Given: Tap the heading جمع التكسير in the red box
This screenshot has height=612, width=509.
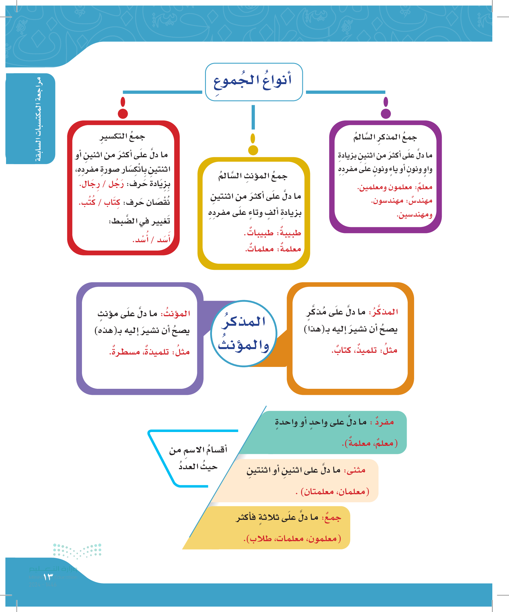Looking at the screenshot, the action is (122, 137).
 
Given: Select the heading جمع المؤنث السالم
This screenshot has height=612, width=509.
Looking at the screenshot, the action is (253, 176).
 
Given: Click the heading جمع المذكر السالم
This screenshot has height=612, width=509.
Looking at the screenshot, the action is (385, 137).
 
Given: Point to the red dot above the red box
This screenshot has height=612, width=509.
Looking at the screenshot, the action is (123, 114).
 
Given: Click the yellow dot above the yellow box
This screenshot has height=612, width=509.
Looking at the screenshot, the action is (253, 150).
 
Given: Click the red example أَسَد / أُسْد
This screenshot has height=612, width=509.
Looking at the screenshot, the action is (151, 239).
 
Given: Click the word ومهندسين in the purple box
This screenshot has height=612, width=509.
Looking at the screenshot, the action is (414, 215).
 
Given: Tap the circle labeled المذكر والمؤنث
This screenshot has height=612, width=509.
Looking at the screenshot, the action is (244, 334).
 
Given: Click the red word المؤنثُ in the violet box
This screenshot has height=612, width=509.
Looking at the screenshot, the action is (175, 314).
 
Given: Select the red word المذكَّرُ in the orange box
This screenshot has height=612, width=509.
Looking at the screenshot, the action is (383, 312).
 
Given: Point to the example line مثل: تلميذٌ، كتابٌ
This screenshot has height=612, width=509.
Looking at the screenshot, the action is (364, 350).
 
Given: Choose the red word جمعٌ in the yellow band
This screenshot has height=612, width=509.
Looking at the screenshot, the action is (332, 518).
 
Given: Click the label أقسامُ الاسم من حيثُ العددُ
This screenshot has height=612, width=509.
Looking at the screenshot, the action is (198, 458).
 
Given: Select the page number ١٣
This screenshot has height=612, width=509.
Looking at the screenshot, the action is (48, 577).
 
